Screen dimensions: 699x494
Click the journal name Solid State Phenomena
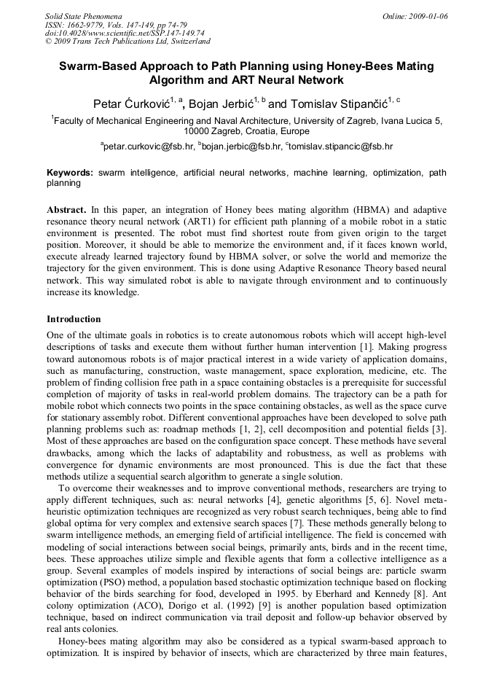pyautogui.click(x=83, y=15)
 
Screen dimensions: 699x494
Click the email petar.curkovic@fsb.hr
pyautogui.click(x=149, y=147)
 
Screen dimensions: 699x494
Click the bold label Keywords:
pyautogui.click(x=70, y=173)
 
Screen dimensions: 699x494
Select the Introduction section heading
pyautogui.click(x=74, y=319)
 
